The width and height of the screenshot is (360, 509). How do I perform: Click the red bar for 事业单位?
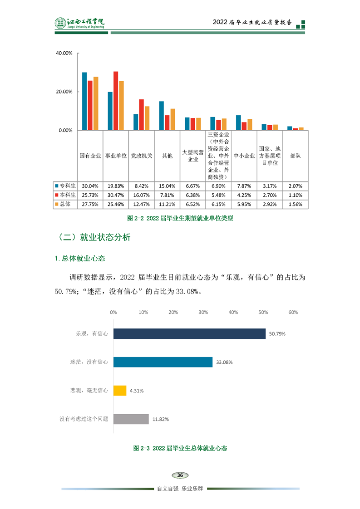pos(116,101)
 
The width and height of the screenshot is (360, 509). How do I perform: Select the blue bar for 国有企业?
pos(84,101)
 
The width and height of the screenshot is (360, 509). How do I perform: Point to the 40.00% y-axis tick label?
pos(64,53)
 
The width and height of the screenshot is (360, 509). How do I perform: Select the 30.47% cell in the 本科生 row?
pos(115,195)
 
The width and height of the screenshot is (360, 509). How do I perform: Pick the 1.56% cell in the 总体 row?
pos(295,204)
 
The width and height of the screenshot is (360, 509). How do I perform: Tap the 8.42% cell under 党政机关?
pos(141,186)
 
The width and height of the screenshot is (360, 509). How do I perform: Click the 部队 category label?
pos(295,156)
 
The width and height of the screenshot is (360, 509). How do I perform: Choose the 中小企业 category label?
pos(244,156)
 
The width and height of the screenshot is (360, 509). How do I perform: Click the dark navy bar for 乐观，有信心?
pos(189,333)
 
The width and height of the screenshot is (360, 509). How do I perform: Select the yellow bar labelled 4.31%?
pos(120,391)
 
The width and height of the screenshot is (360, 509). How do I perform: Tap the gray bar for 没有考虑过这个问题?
pos(131,419)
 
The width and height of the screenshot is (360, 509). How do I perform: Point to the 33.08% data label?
pos(224,362)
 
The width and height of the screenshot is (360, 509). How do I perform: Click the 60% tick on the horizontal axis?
pos(293,312)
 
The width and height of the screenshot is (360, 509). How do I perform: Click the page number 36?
pos(180,475)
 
